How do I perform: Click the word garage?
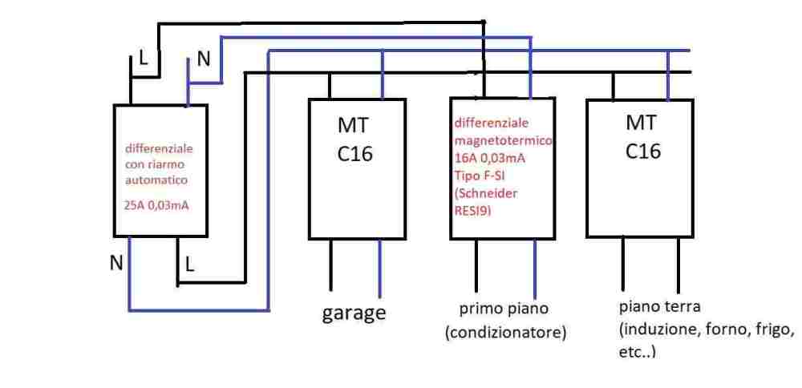coord(354,312)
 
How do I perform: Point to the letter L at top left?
coord(144,58)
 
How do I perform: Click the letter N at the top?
coord(204,59)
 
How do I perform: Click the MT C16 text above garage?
coord(354,139)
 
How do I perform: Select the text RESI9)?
coord(473,212)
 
